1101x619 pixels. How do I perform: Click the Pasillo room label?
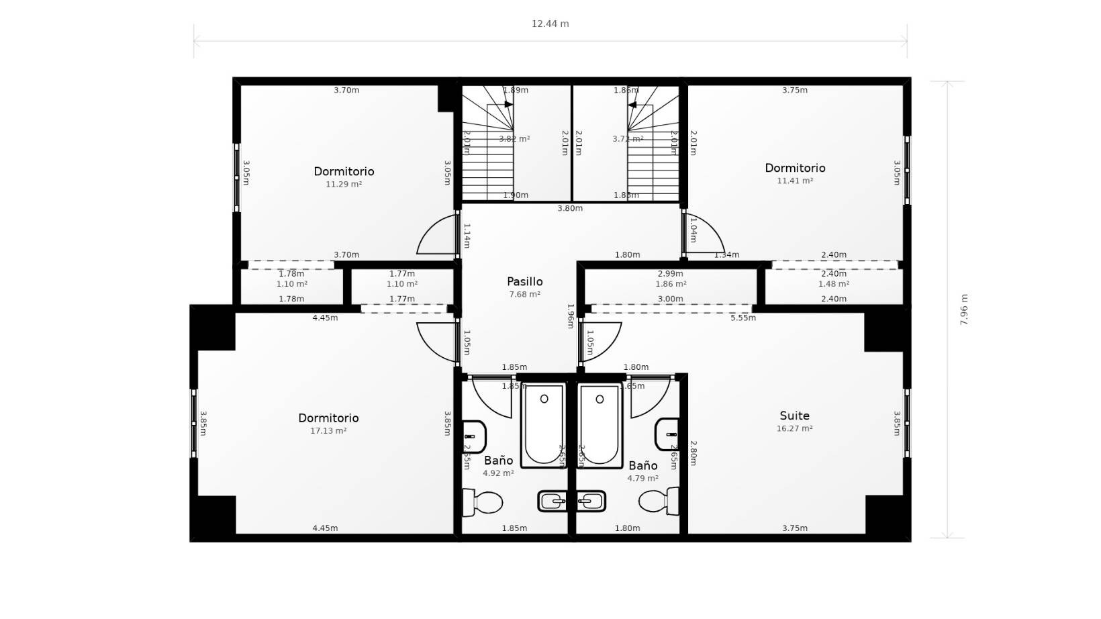tap(524, 282)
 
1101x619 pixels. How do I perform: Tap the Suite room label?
tap(794, 416)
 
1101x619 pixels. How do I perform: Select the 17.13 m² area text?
tap(328, 431)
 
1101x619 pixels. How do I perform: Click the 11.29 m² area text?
tap(344, 184)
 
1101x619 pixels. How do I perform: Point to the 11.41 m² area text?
tap(795, 181)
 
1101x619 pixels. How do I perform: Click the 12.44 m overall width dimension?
tap(550, 23)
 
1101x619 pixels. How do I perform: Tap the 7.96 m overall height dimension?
tap(964, 309)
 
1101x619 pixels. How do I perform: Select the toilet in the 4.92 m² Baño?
tap(483, 502)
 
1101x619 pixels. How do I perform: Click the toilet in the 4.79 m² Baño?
tap(659, 501)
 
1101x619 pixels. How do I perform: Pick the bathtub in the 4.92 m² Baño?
tap(544, 424)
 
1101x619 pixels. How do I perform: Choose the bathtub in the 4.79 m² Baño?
tap(600, 424)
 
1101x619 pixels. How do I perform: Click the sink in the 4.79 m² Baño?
tap(667, 434)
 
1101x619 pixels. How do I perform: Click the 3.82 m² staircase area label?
tap(514, 139)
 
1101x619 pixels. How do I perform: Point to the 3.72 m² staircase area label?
tap(628, 139)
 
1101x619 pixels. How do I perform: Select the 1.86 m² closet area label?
tap(671, 284)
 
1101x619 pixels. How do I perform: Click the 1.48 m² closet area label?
tap(833, 284)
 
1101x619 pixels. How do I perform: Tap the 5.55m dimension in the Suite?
tap(743, 318)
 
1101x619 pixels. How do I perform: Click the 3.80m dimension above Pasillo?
tap(570, 208)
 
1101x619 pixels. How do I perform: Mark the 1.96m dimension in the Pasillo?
tap(571, 316)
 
